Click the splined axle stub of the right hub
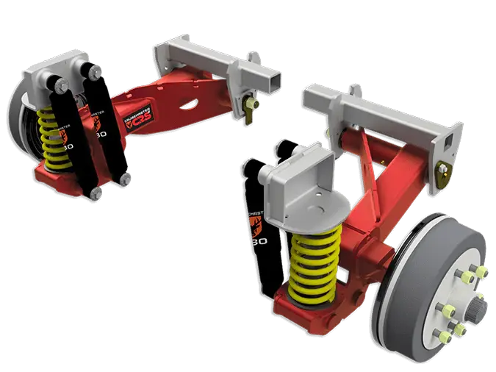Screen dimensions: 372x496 tap(478, 297)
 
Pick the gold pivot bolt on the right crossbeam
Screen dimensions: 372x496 tap(444, 173)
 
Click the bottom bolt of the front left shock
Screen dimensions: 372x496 tap(96, 193)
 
